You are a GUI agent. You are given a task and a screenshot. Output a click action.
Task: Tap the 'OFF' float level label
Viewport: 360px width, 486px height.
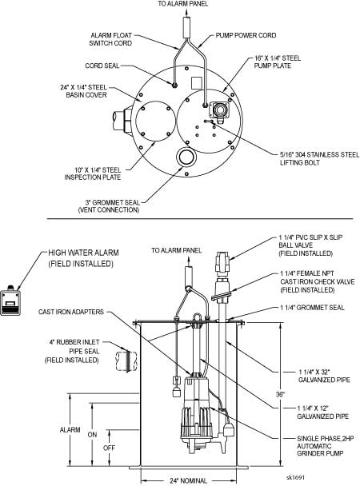tap(109, 448)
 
